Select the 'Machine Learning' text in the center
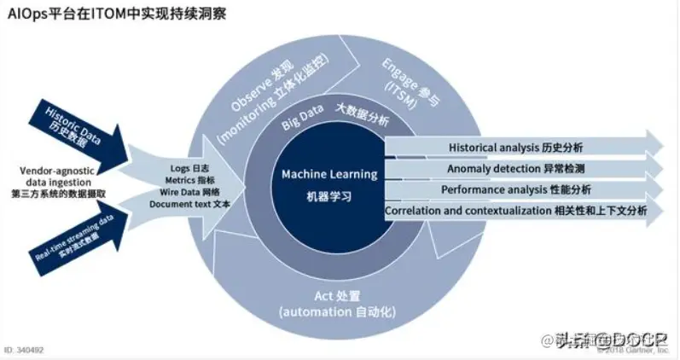pyautogui.click(x=329, y=174)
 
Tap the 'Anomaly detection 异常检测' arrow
pyautogui.click(x=515, y=168)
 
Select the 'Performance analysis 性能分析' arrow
pyautogui.click(x=515, y=189)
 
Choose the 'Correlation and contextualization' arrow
pyautogui.click(x=515, y=211)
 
